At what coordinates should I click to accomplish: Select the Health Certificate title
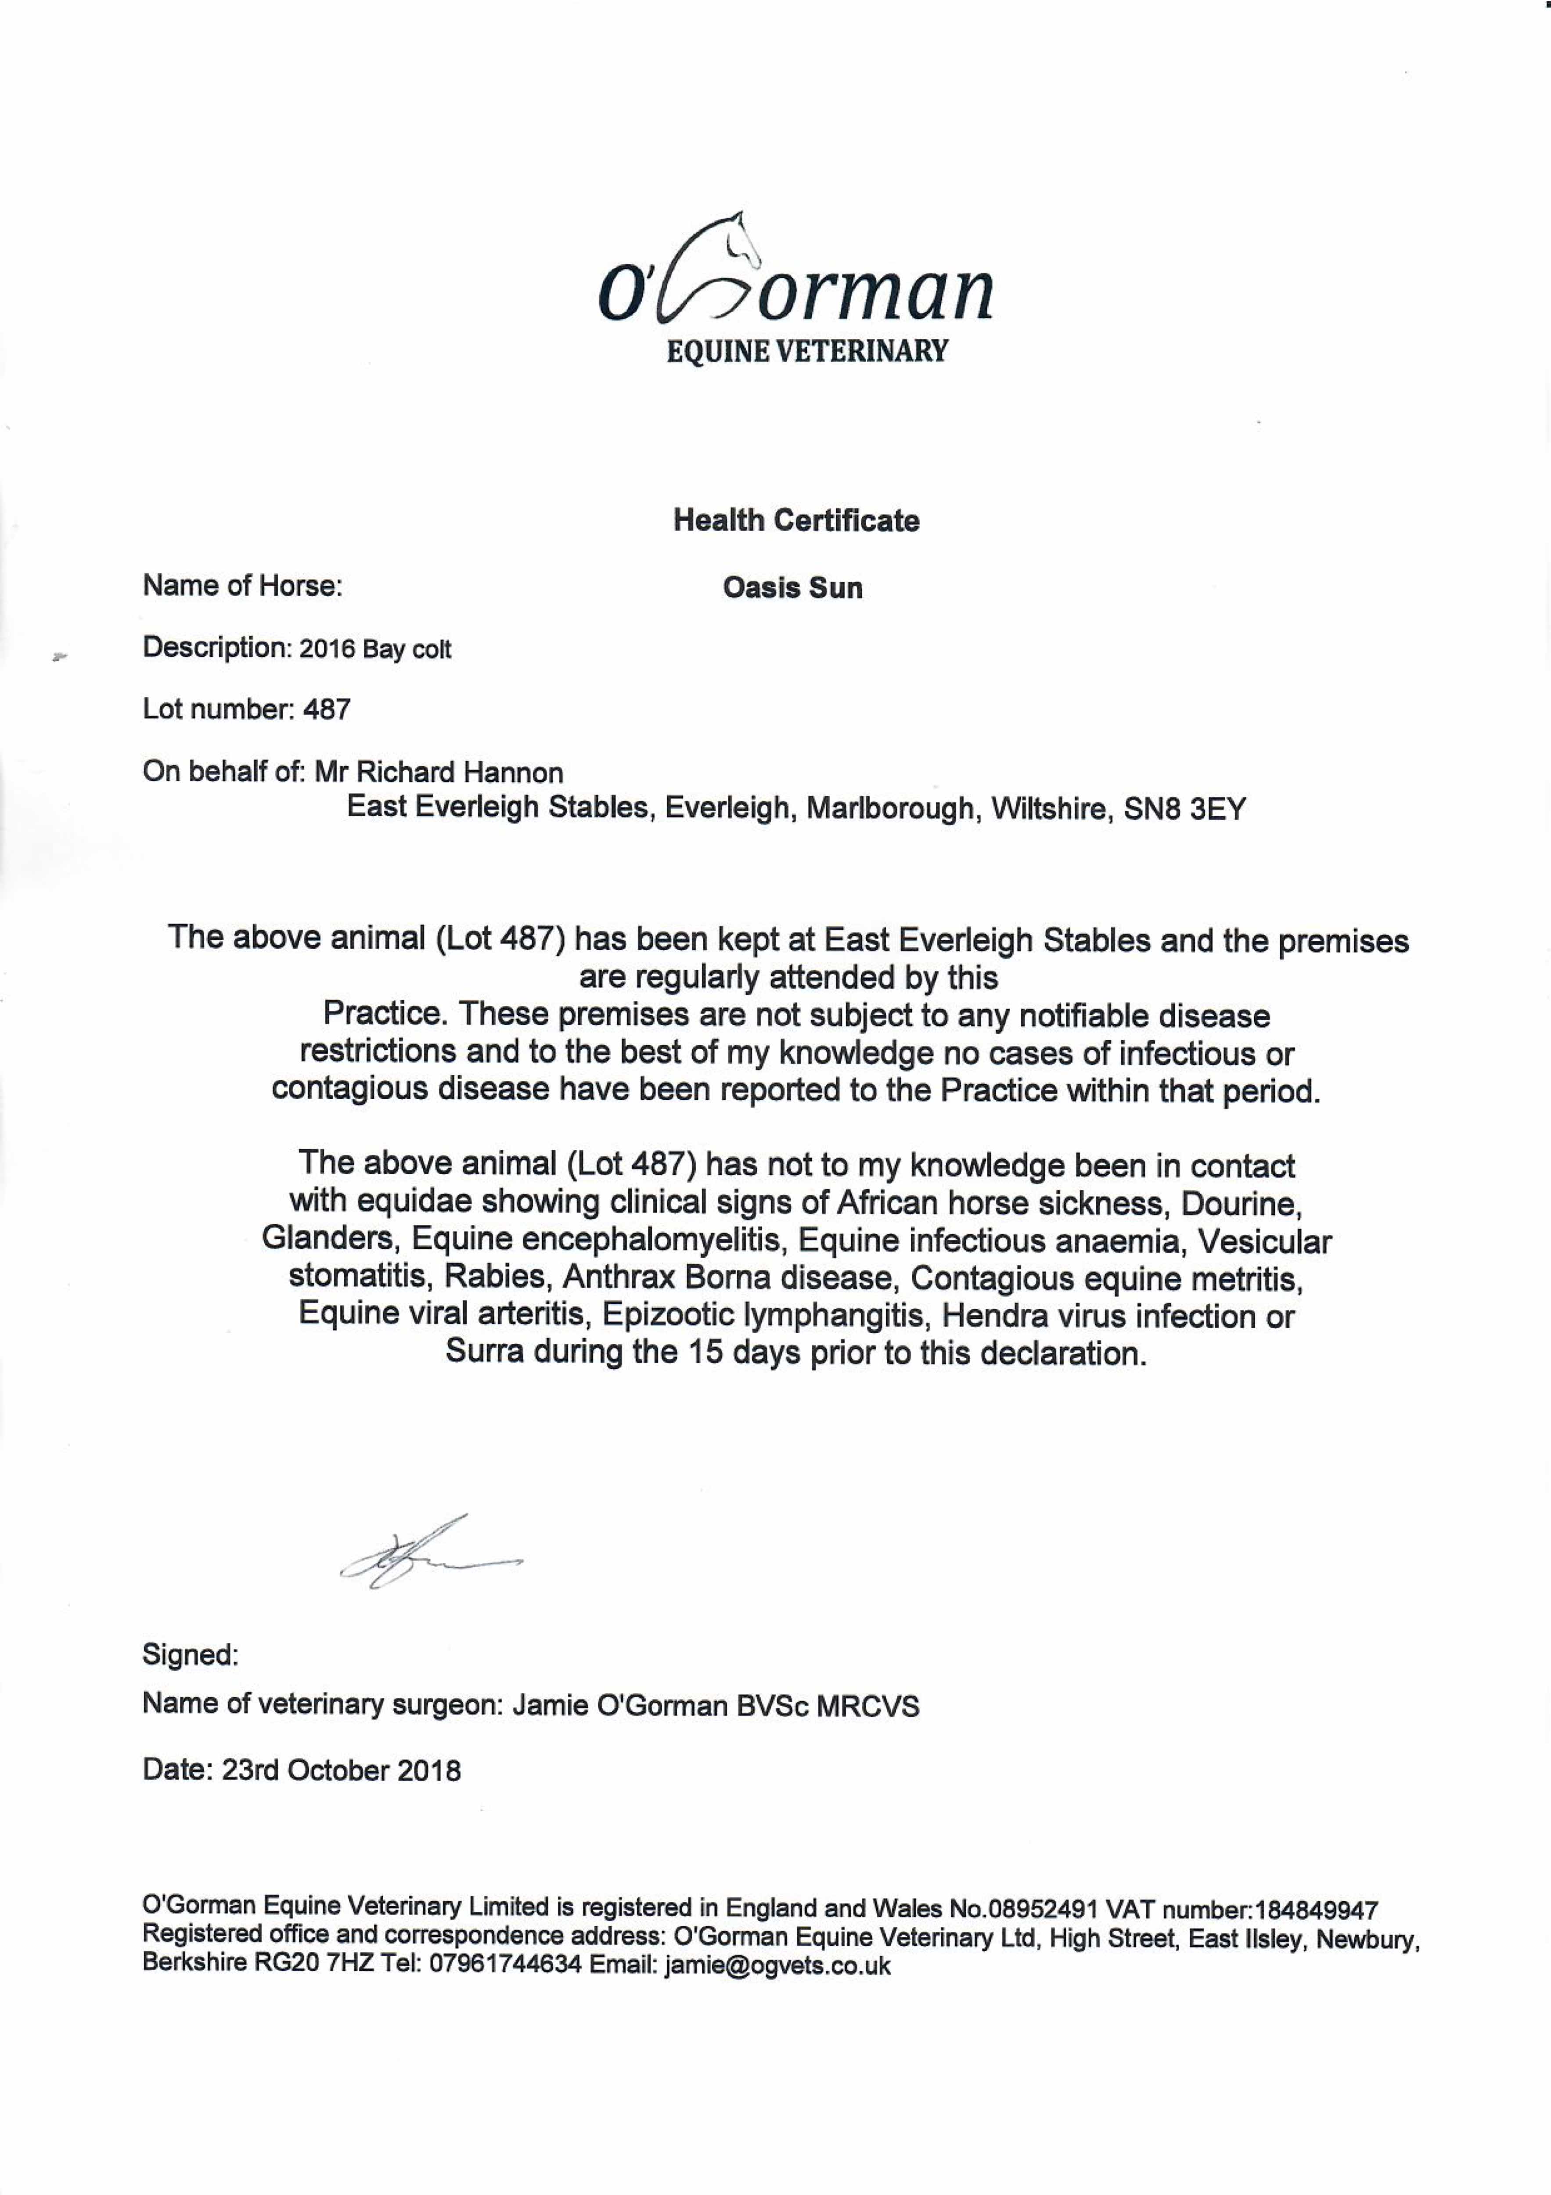795,521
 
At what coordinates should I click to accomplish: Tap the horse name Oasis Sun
793,588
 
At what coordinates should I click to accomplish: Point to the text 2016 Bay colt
375,650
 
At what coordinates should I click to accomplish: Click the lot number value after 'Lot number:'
327,709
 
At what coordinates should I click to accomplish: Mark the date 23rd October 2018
342,1770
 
